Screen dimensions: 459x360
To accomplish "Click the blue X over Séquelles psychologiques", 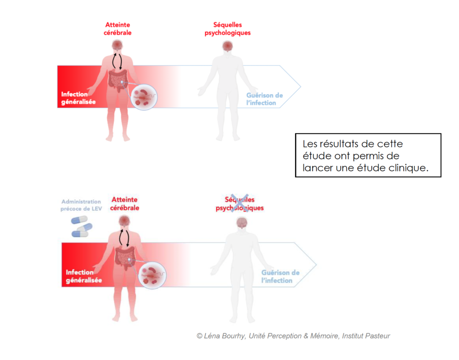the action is click(239, 203).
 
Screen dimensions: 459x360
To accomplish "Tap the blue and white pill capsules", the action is click(82, 226).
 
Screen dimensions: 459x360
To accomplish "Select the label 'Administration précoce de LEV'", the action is click(81, 205).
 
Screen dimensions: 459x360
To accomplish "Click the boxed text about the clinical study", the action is click(368, 156).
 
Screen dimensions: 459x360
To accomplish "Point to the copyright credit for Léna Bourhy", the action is click(293, 336).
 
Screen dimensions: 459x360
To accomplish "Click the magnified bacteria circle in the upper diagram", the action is click(144, 97).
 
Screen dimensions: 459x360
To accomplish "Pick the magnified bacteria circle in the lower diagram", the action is click(152, 275).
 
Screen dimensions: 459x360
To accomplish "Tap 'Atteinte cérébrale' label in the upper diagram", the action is click(117, 29).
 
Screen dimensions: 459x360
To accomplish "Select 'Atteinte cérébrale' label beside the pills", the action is click(125, 204).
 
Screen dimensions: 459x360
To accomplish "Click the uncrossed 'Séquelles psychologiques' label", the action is click(227, 29).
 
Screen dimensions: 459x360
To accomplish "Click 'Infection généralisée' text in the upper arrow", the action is click(78, 98).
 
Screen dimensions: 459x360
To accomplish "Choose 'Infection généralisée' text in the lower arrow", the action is click(84, 276).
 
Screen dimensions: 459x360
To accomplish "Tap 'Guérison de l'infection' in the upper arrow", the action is click(264, 99).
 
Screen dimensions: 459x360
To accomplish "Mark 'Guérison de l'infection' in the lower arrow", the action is click(280, 277).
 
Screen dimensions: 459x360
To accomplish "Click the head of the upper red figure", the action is click(117, 46).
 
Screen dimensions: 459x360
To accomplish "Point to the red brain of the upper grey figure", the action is click(227, 46).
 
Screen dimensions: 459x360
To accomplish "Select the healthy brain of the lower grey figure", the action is click(242, 223).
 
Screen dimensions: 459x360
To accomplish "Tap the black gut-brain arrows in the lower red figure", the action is click(124, 238).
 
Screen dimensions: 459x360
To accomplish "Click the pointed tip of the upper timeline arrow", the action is click(301, 87).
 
